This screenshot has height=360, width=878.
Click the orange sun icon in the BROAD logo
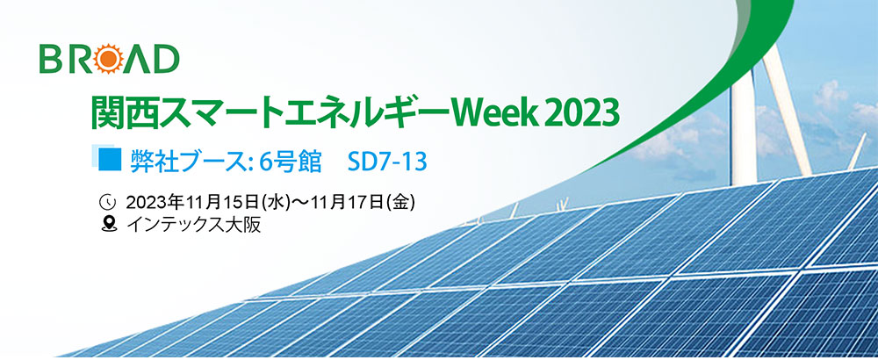[109, 59]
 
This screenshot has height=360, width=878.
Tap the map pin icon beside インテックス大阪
[106, 225]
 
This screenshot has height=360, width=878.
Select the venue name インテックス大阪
[194, 225]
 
